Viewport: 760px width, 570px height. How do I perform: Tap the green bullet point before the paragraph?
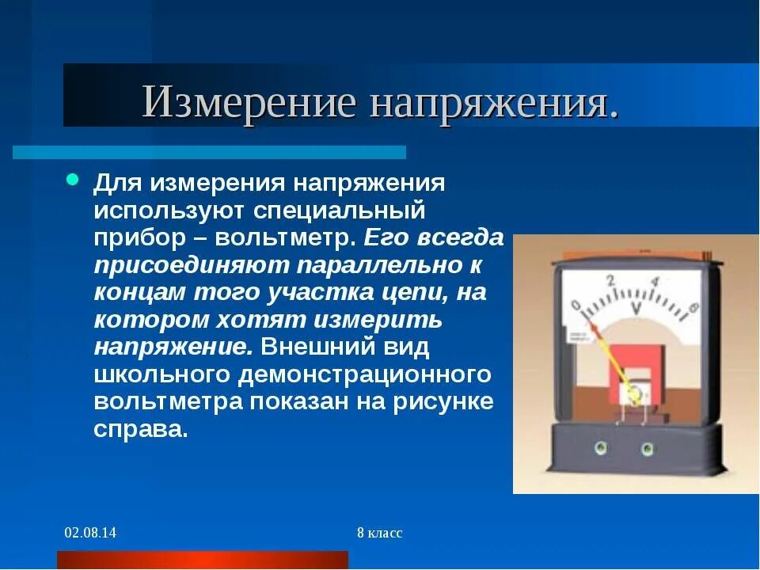click(x=72, y=180)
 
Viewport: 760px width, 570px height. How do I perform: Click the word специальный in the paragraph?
click(x=340, y=211)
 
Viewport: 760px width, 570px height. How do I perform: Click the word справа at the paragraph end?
click(x=140, y=429)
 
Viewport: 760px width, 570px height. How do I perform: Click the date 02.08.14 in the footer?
click(x=90, y=533)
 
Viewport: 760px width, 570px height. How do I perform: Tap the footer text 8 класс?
click(x=379, y=533)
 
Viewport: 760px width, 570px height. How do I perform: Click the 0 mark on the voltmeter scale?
click(x=576, y=305)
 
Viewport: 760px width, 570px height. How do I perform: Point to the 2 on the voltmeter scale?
click(x=610, y=280)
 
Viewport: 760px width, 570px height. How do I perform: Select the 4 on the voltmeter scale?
click(x=654, y=282)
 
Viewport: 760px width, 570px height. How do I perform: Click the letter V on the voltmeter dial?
click(x=634, y=308)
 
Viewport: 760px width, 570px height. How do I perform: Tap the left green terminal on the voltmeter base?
click(x=598, y=447)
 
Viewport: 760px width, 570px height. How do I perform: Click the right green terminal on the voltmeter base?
click(x=647, y=448)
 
